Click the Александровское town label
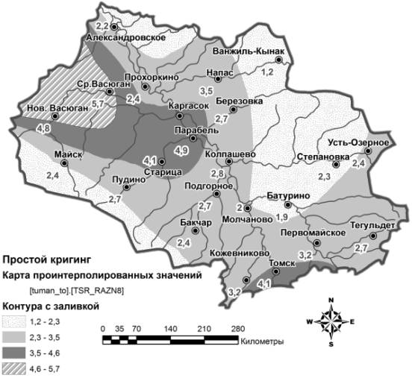(125, 36)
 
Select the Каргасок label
(188, 107)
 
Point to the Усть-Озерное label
(358, 143)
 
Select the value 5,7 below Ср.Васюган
(98, 104)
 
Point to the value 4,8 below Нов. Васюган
(22, 129)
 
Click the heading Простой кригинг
(46, 260)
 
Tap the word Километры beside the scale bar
(262, 341)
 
